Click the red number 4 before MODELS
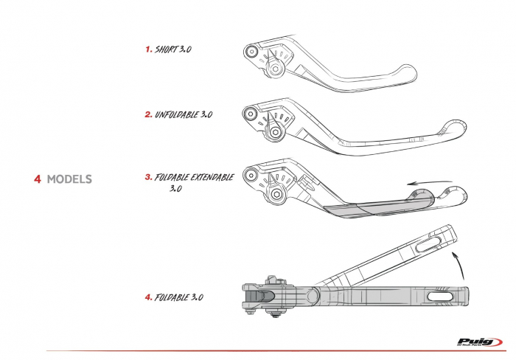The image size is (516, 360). [37, 179]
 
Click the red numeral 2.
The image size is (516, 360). [148, 115]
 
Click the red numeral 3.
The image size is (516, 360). [148, 178]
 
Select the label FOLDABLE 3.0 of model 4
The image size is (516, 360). [179, 297]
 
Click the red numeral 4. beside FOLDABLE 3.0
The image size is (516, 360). [148, 297]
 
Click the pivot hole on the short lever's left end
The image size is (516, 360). [251, 52]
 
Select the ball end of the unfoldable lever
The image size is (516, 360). [454, 128]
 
